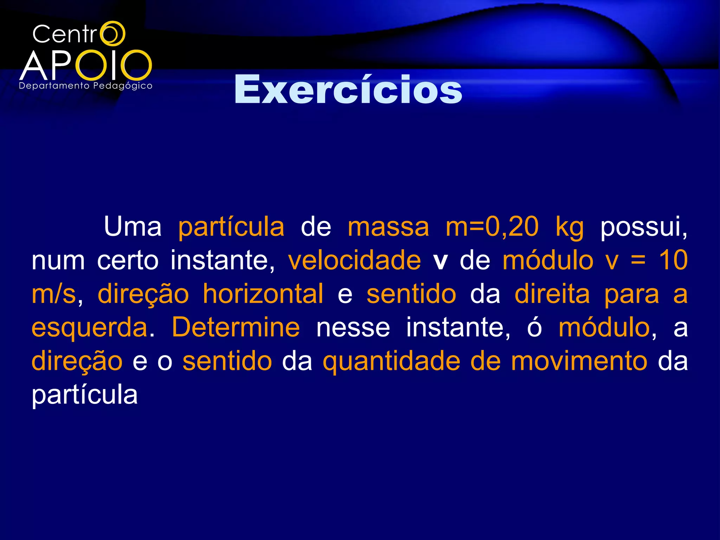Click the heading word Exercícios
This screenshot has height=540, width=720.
point(348,90)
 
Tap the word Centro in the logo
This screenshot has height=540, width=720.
point(78,34)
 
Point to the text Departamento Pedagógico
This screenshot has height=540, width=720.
point(85,86)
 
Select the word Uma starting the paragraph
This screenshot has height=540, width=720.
point(133,227)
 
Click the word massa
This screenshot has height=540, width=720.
point(388,227)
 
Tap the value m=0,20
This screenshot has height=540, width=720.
point(491,227)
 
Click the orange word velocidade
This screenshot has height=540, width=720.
point(354,260)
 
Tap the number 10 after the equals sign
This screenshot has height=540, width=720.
point(673,260)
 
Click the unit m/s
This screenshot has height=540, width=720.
point(53,294)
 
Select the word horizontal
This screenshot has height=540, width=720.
point(263,294)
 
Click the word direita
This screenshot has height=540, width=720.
point(552,294)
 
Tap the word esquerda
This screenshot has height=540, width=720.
point(90,328)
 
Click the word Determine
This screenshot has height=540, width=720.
point(236,327)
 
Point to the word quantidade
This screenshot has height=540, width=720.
point(391,362)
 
